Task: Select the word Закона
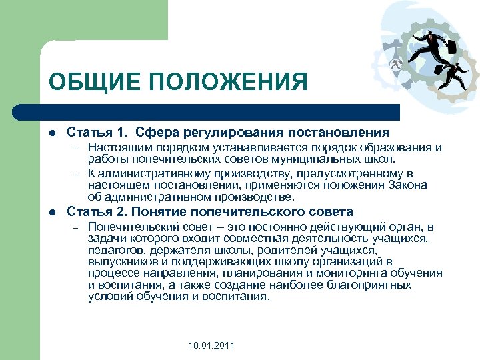[406, 185]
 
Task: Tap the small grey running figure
[399, 64]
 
